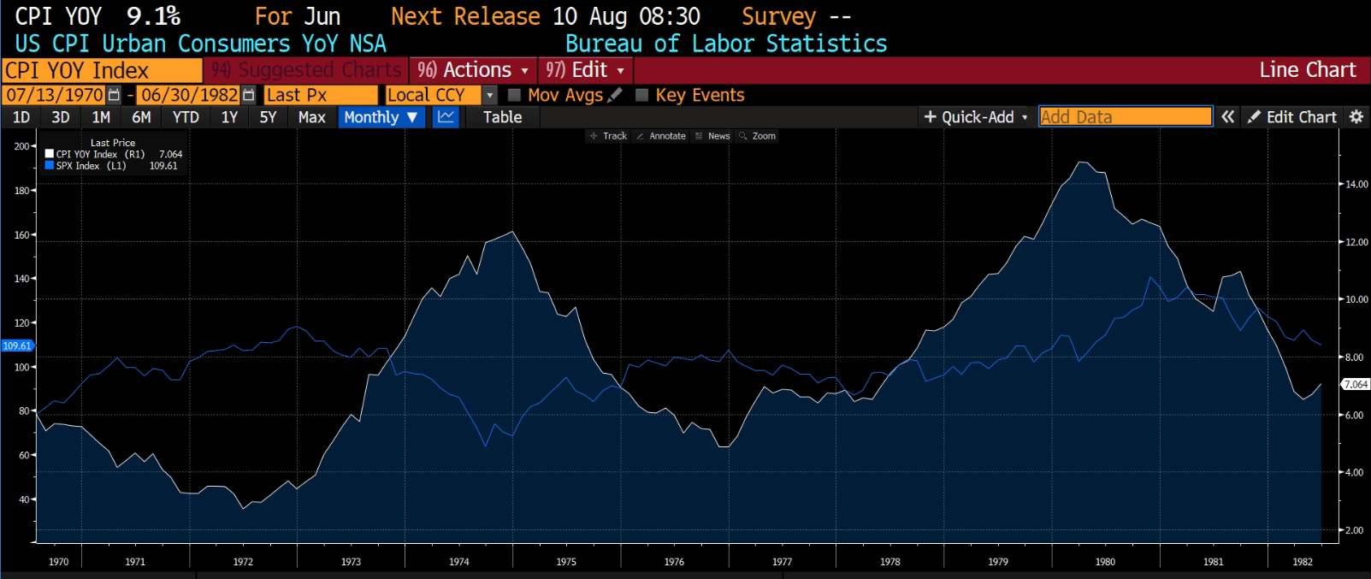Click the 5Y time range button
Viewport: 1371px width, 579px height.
(x=268, y=117)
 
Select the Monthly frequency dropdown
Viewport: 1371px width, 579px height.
(x=381, y=117)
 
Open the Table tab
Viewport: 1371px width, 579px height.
(x=502, y=117)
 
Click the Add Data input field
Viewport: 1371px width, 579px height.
(x=1125, y=117)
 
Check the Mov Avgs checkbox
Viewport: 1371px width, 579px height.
(x=515, y=95)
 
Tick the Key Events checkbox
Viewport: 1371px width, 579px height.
(x=642, y=95)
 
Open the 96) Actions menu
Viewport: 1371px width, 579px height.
(x=473, y=70)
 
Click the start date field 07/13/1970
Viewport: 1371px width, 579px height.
(x=55, y=95)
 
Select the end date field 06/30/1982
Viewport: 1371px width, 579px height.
(x=189, y=95)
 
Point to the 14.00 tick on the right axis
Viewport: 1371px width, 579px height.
(x=1356, y=184)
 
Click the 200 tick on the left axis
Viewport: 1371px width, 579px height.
(x=21, y=146)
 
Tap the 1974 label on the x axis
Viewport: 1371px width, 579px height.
(x=458, y=562)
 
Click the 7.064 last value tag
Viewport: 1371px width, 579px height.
(x=1356, y=385)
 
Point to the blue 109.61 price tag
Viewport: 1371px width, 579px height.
(x=17, y=346)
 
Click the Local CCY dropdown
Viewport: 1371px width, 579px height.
(x=440, y=95)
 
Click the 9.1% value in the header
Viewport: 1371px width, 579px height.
(x=153, y=16)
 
